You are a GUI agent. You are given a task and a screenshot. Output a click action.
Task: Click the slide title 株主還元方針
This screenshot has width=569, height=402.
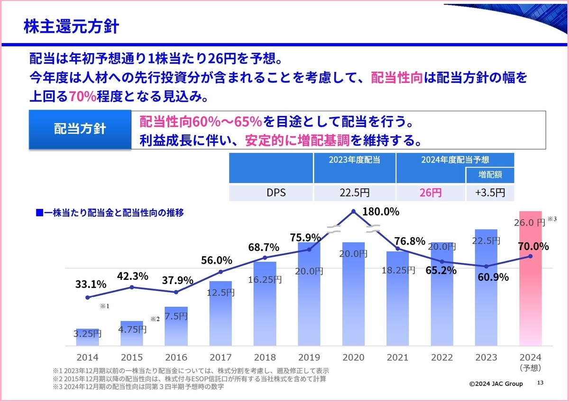point(71,27)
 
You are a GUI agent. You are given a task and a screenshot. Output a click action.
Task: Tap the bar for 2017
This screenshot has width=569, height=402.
point(220,315)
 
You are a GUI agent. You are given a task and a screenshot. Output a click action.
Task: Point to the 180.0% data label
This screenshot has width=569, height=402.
point(380,212)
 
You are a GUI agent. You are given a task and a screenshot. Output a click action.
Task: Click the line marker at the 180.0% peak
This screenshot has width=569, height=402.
point(353,212)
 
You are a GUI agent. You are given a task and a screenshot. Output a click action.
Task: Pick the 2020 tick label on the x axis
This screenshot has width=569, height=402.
point(353,357)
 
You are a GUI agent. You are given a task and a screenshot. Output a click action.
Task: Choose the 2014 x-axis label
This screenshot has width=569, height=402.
point(87,357)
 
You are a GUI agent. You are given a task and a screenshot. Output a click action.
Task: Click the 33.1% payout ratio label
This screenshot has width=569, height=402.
point(91,285)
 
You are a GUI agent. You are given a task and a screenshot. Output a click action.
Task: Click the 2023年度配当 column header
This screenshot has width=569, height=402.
point(354,160)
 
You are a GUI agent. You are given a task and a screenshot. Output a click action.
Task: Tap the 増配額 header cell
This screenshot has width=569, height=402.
point(490,175)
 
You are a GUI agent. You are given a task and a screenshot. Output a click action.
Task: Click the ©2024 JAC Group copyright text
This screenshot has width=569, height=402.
point(496,384)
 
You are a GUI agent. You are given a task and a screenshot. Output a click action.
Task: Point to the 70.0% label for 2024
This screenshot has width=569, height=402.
point(534,247)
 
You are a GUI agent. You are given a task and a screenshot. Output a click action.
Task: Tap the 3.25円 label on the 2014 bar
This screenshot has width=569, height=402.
point(87,333)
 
